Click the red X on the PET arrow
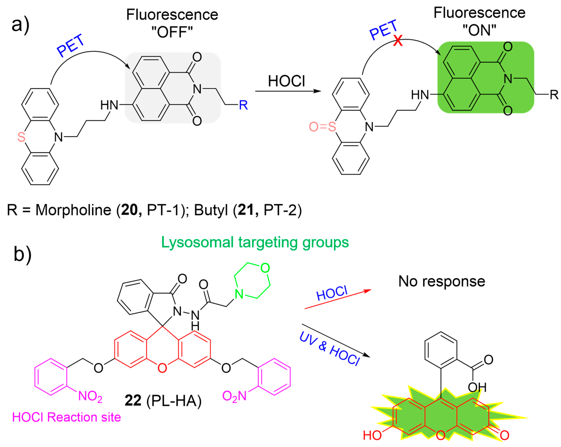point(398,41)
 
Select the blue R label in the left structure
point(243,105)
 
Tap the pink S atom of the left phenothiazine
point(21,137)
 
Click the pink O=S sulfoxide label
point(322,127)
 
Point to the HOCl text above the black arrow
point(286,81)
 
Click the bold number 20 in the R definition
point(129,210)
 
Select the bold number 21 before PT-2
point(246,210)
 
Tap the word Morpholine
point(73,210)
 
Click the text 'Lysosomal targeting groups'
point(255,242)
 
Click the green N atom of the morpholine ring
point(239,294)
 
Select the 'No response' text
point(442,281)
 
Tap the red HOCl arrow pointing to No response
point(338,299)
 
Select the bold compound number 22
point(133,400)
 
